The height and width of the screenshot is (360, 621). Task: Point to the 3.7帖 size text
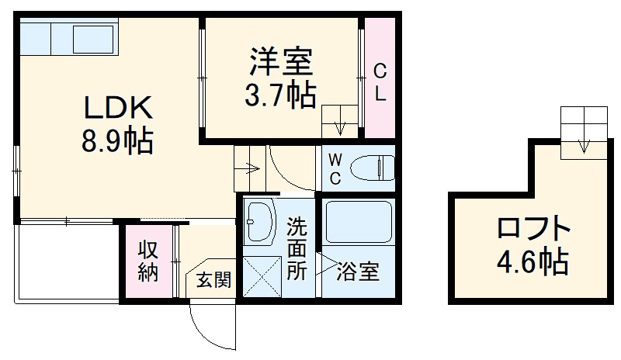280,95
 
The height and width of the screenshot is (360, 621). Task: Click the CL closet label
380,83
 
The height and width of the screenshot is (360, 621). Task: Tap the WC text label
334,168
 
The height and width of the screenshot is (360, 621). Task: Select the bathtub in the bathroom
358,223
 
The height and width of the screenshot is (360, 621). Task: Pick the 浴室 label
358,272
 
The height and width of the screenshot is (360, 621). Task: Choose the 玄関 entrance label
213,280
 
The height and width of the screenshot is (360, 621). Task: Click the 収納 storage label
148,261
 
